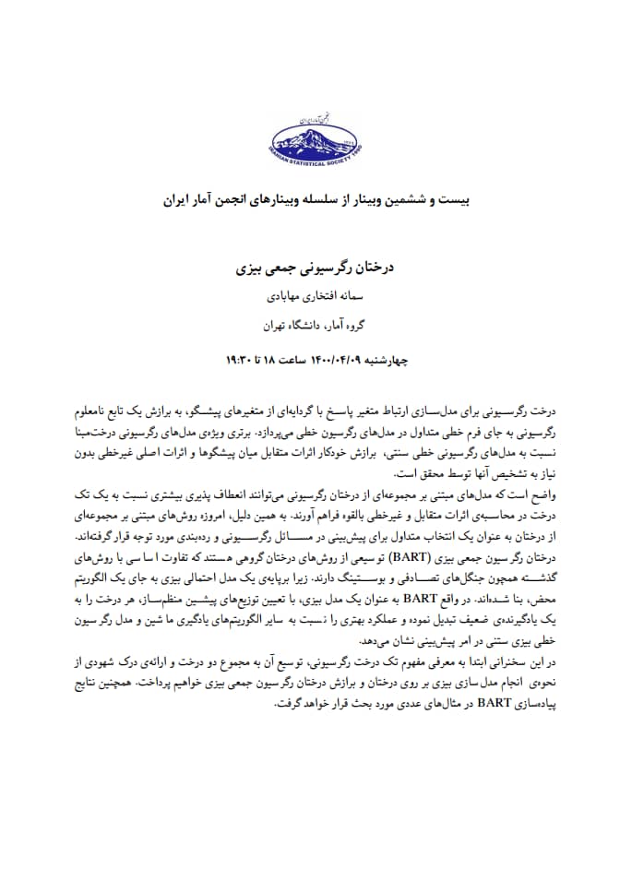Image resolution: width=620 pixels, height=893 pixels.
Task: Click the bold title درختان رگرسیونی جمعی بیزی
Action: click(x=310, y=270)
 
